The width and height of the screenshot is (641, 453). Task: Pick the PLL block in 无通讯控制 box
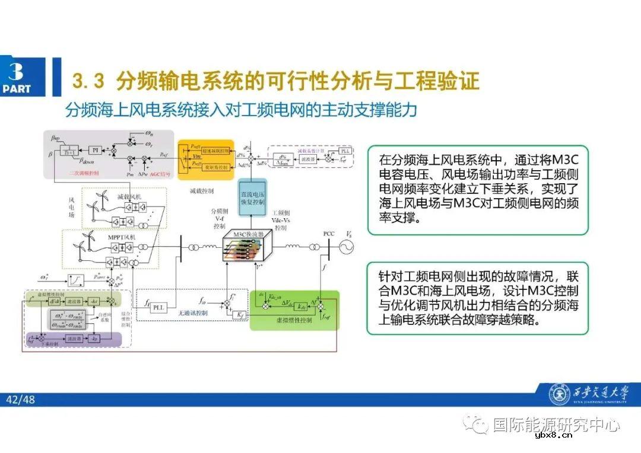pos(158,307)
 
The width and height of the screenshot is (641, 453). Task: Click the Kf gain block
pos(239,314)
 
